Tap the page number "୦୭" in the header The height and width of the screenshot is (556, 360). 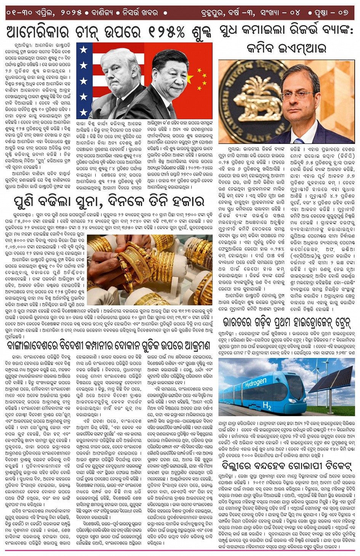point(342,12)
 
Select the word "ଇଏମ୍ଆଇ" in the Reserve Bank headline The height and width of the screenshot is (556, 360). point(305,48)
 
